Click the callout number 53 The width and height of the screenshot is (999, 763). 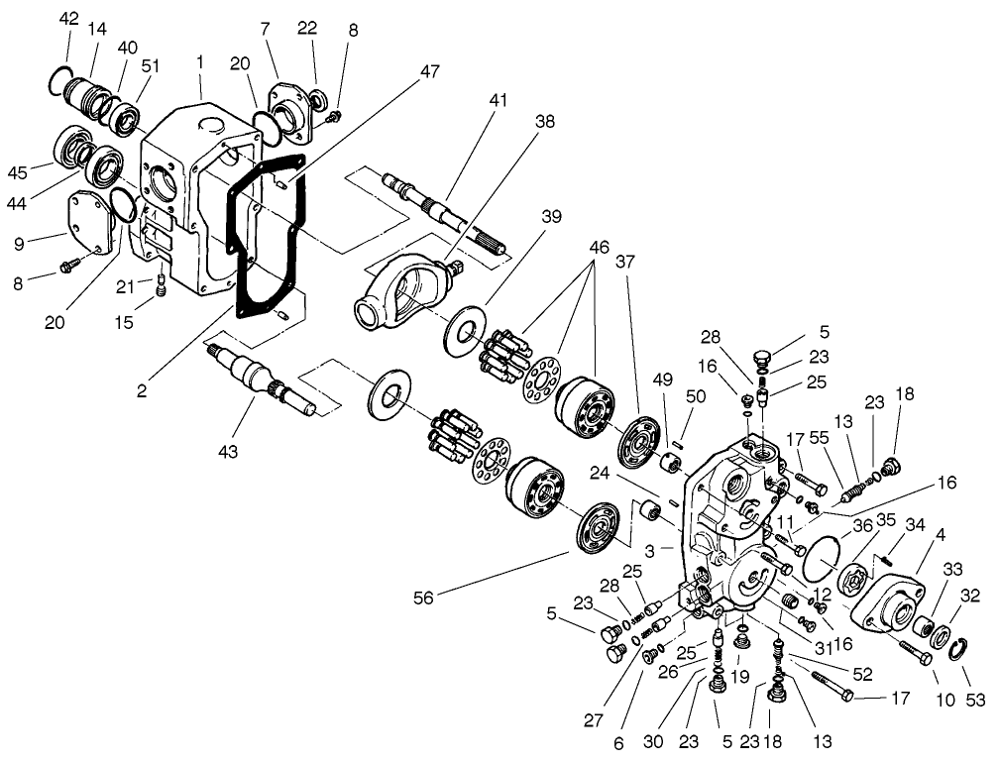coord(975,701)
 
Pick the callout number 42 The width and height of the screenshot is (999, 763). coord(68,19)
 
